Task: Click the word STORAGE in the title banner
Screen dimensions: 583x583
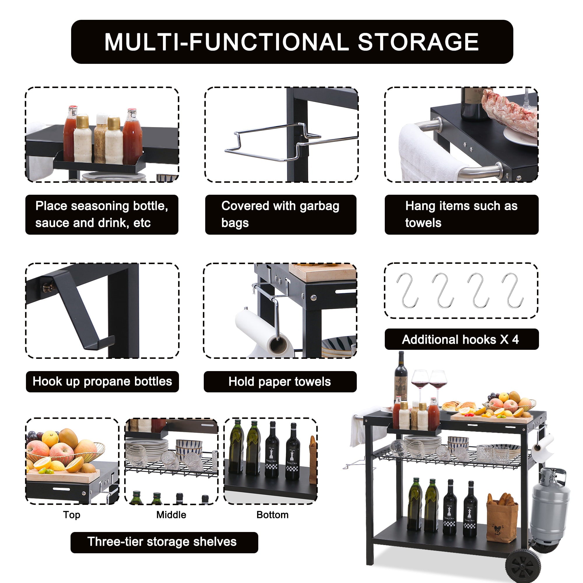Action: point(418,42)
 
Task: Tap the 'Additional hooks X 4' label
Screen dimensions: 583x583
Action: point(461,340)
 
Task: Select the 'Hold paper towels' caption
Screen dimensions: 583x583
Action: point(280,382)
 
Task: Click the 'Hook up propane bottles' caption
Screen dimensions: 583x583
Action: point(102,381)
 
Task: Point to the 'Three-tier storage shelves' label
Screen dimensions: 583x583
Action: point(162,542)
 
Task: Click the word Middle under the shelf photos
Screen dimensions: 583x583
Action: point(171,514)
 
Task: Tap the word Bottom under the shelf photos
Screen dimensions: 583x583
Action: point(272,514)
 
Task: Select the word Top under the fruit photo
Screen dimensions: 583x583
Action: point(71,514)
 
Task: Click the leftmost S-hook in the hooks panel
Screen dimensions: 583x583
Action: point(408,290)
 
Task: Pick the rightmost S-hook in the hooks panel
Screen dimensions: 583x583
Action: point(513,290)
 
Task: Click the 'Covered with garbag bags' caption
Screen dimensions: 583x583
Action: point(280,214)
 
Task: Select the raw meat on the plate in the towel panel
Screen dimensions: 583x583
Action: point(510,113)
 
